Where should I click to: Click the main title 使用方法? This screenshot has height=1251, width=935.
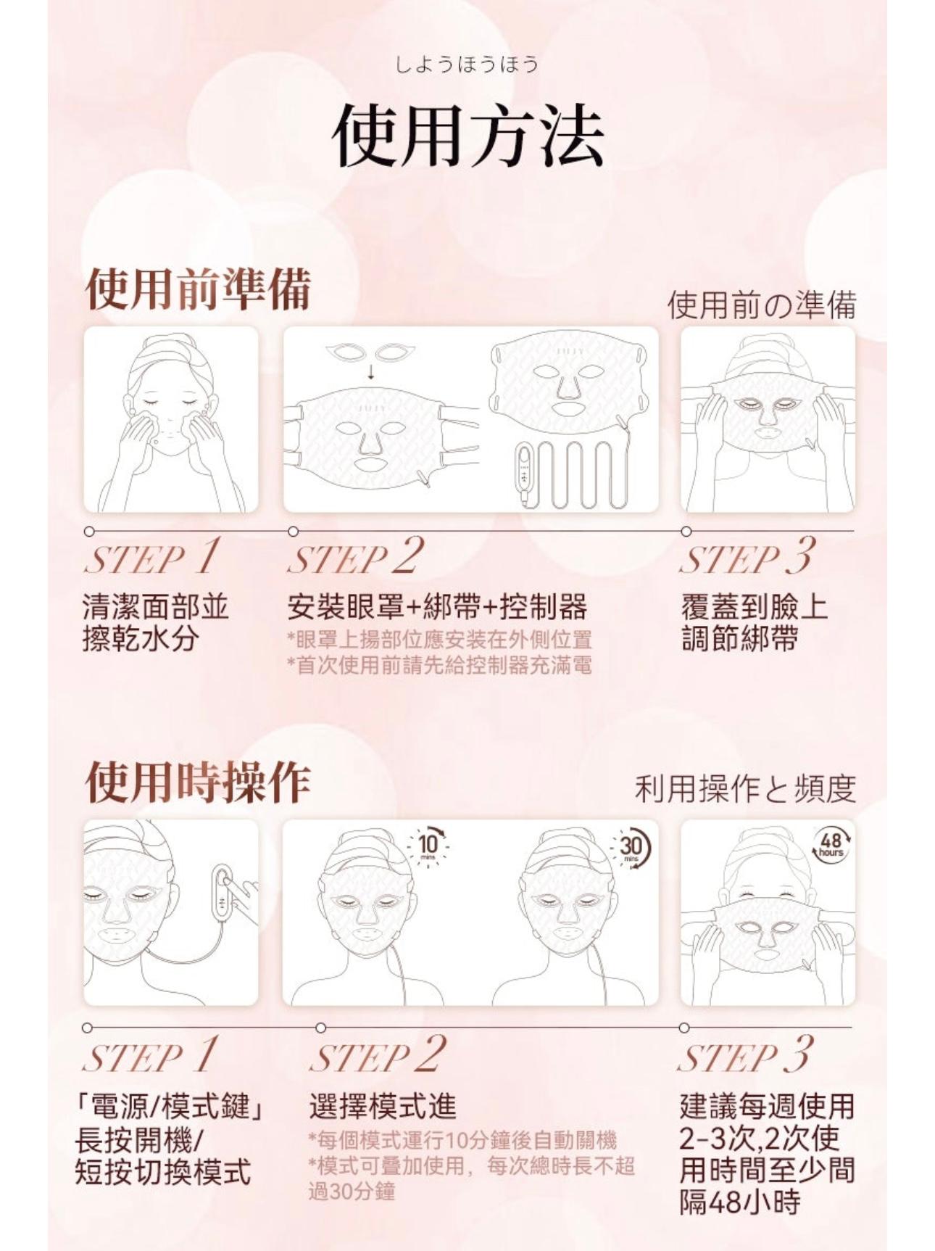click(467, 136)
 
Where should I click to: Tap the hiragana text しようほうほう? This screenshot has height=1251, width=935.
click(467, 65)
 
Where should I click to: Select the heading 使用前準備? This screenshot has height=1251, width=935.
click(198, 289)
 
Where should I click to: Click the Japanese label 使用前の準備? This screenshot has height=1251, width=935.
click(761, 305)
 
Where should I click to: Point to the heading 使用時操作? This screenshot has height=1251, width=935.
click(198, 783)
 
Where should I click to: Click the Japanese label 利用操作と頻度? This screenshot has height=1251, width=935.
click(745, 789)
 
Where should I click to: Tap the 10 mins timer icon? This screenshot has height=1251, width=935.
click(428, 844)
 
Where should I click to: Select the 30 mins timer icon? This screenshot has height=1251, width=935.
click(631, 847)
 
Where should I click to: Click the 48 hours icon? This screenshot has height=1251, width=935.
click(831, 844)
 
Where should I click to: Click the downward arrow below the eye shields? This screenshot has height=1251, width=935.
click(370, 372)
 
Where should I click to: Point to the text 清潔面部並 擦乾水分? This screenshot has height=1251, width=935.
click(155, 622)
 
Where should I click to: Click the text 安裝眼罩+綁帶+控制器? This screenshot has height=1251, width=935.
click(437, 607)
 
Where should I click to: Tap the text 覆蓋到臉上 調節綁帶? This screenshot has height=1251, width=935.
click(754, 622)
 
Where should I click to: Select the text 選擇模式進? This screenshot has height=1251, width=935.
click(383, 1106)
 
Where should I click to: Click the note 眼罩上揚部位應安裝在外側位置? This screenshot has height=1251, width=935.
click(439, 640)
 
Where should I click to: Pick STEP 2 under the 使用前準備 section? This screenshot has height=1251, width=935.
click(355, 558)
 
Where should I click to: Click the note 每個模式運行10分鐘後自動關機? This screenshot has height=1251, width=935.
click(462, 1141)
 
